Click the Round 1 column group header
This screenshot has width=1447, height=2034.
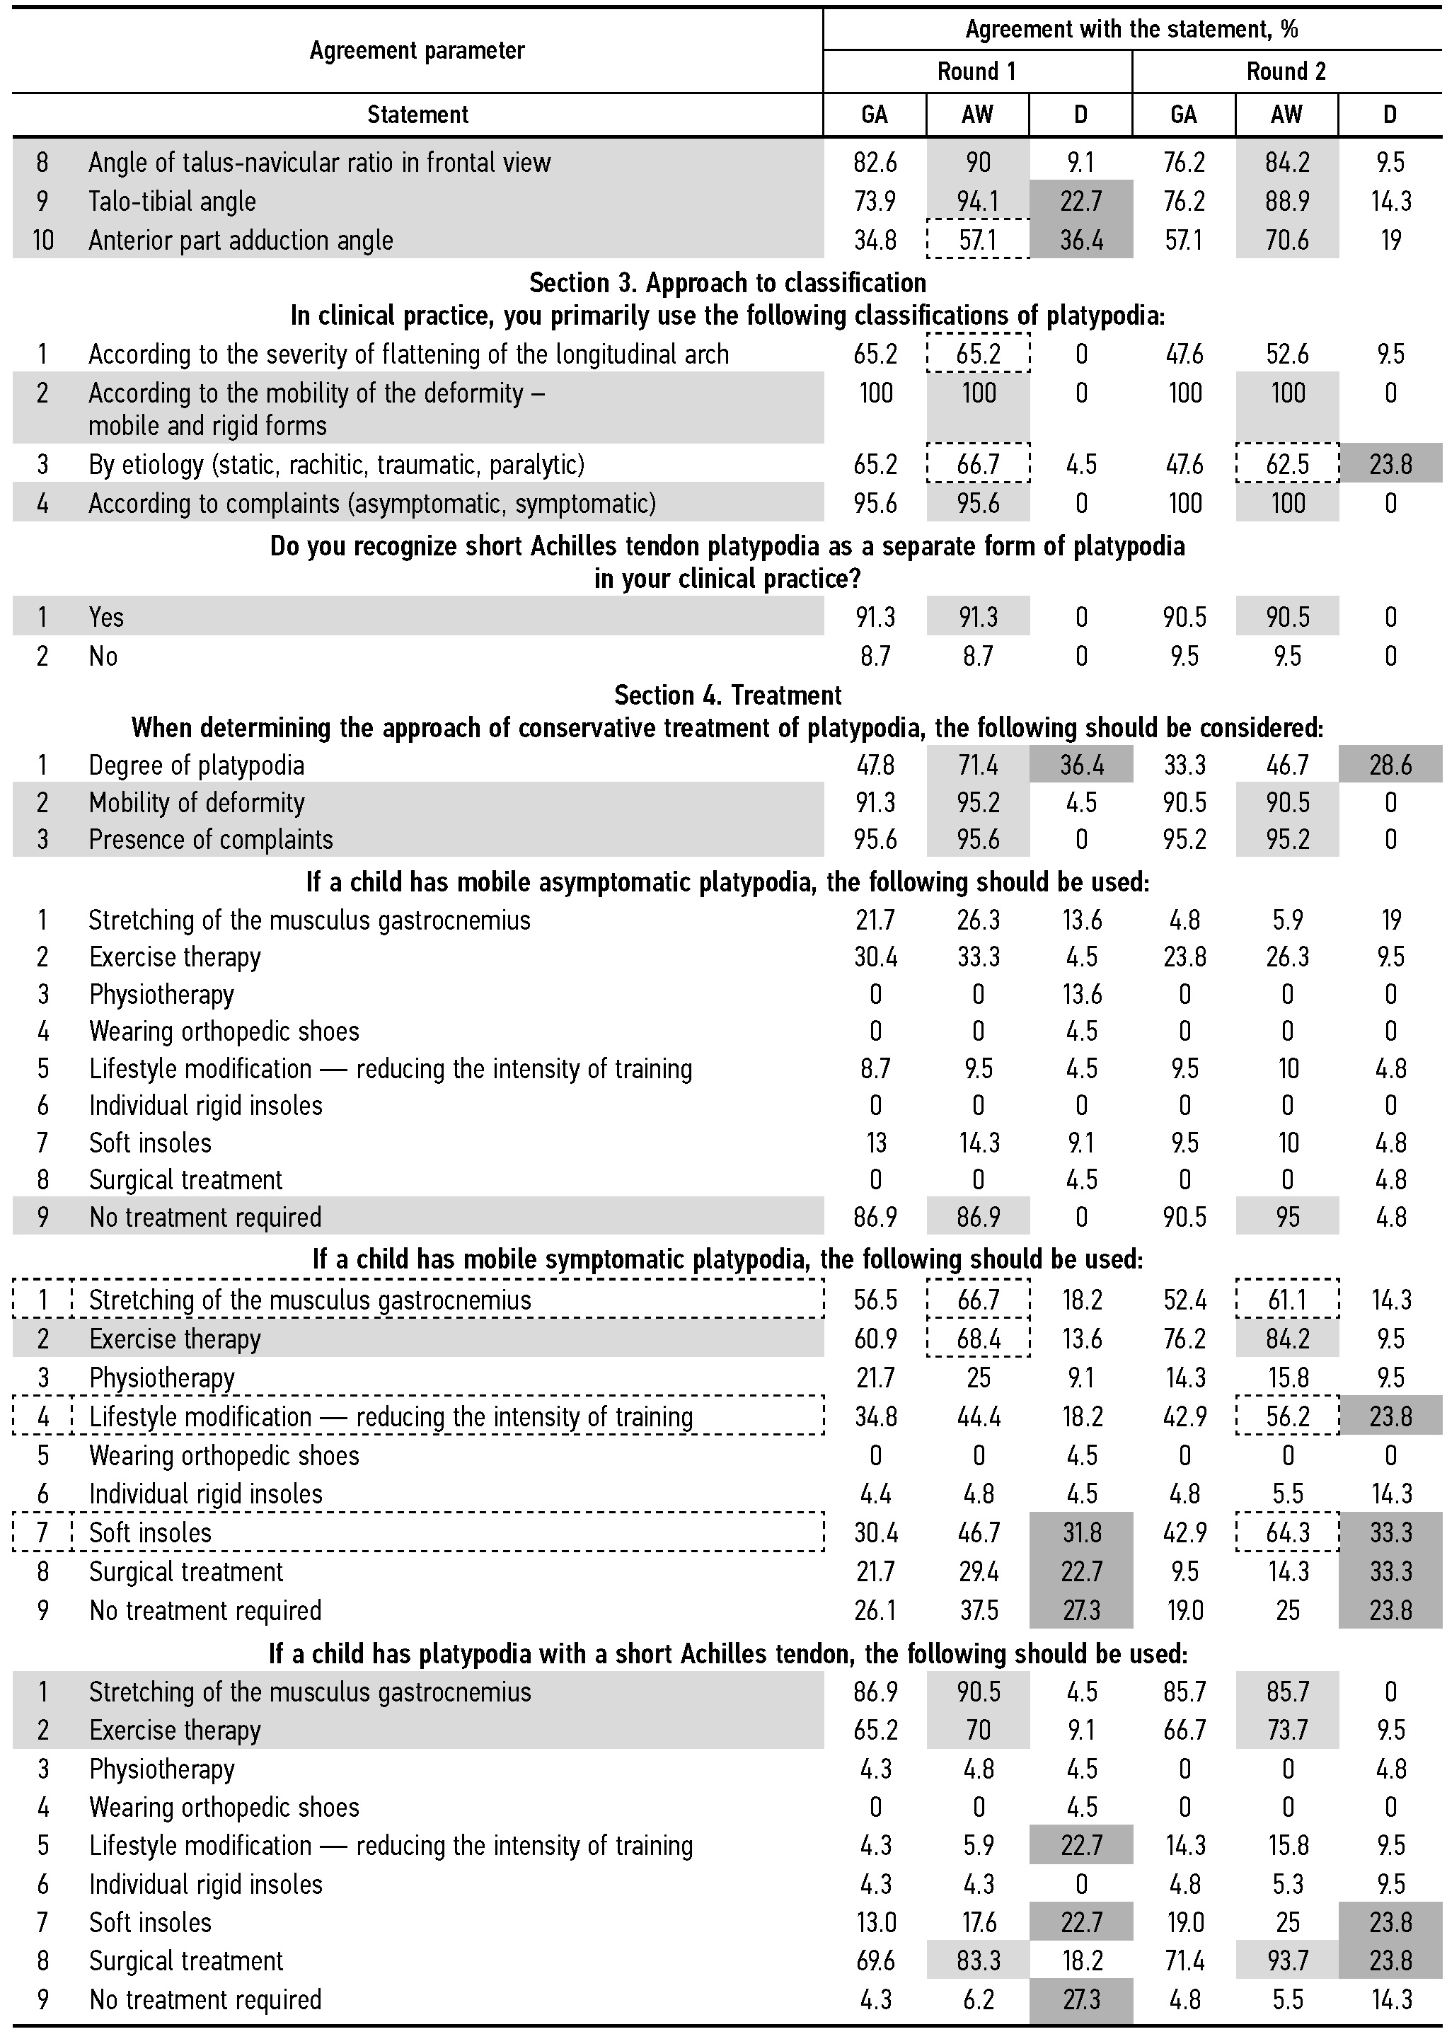pos(976,71)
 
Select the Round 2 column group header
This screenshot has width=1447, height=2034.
pos(1286,71)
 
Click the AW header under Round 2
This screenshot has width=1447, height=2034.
pos(1286,115)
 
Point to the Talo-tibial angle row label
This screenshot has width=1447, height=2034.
pos(172,202)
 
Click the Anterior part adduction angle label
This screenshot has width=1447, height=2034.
pos(241,241)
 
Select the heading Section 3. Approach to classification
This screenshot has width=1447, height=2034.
pos(727,282)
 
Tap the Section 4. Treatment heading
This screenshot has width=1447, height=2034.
pos(727,695)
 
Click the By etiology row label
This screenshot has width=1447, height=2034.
pos(336,464)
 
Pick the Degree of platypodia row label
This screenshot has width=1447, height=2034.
pos(196,765)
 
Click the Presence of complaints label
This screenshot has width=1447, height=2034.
pos(210,839)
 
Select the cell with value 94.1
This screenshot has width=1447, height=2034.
pos(977,202)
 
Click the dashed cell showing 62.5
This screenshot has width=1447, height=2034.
pos(1286,464)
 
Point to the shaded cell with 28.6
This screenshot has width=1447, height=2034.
pos(1390,765)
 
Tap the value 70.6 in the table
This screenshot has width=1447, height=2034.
pos(1286,241)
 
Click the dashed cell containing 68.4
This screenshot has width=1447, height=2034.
pos(977,1339)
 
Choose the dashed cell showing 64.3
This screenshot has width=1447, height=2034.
pos(1286,1532)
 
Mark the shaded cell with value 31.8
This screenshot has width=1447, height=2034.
pos(1080,1532)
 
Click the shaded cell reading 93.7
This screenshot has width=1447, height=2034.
pos(1286,1961)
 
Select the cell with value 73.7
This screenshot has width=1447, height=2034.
pos(1286,1730)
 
